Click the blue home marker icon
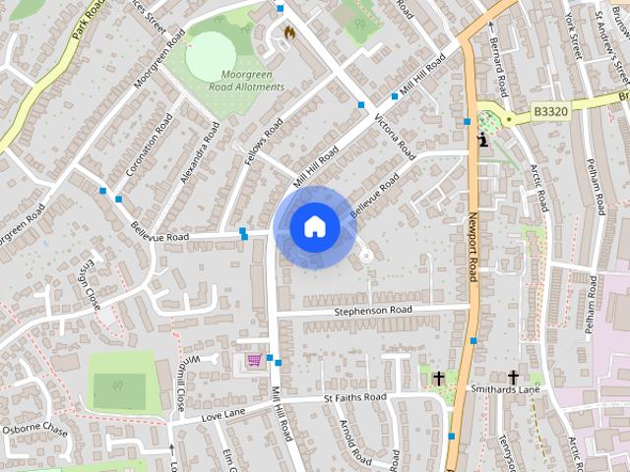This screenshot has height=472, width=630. [x=314, y=226]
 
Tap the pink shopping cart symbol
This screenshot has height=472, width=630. [x=255, y=361]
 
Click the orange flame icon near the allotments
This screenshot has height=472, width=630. [x=289, y=32]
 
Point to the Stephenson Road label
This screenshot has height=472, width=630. [x=373, y=310]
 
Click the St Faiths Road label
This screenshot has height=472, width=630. [x=354, y=398]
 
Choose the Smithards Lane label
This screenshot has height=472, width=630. [x=506, y=390]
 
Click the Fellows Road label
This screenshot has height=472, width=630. [x=265, y=142]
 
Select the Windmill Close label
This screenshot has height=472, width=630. [x=180, y=383]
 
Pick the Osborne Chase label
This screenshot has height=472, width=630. [x=34, y=430]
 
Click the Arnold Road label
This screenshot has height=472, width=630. [x=351, y=443]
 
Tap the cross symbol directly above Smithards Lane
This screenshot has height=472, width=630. [x=513, y=377]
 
